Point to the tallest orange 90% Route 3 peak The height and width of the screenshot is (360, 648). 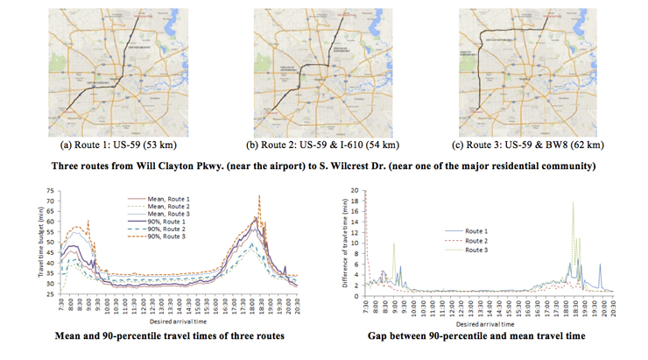(x=258, y=197)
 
